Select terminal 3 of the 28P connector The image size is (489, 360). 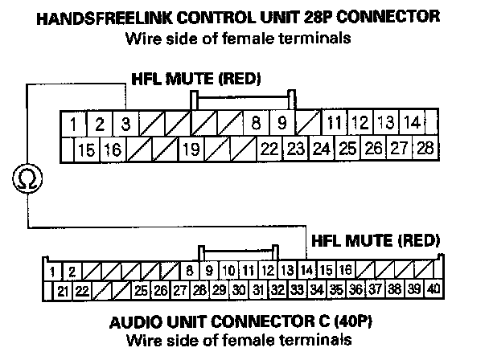pyautogui.click(x=125, y=125)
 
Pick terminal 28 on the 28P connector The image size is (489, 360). pyautogui.click(x=425, y=149)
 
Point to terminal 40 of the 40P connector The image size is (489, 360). pyautogui.click(x=434, y=288)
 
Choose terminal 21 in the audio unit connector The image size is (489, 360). pyautogui.click(x=61, y=289)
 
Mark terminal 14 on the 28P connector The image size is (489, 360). pyautogui.click(x=413, y=124)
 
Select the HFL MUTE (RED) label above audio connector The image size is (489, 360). pyautogui.click(x=376, y=239)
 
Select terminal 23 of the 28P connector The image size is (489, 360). pyautogui.click(x=295, y=149)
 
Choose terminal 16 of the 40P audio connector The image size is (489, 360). pyautogui.click(x=344, y=270)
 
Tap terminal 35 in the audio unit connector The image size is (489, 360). pyautogui.click(x=336, y=289)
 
